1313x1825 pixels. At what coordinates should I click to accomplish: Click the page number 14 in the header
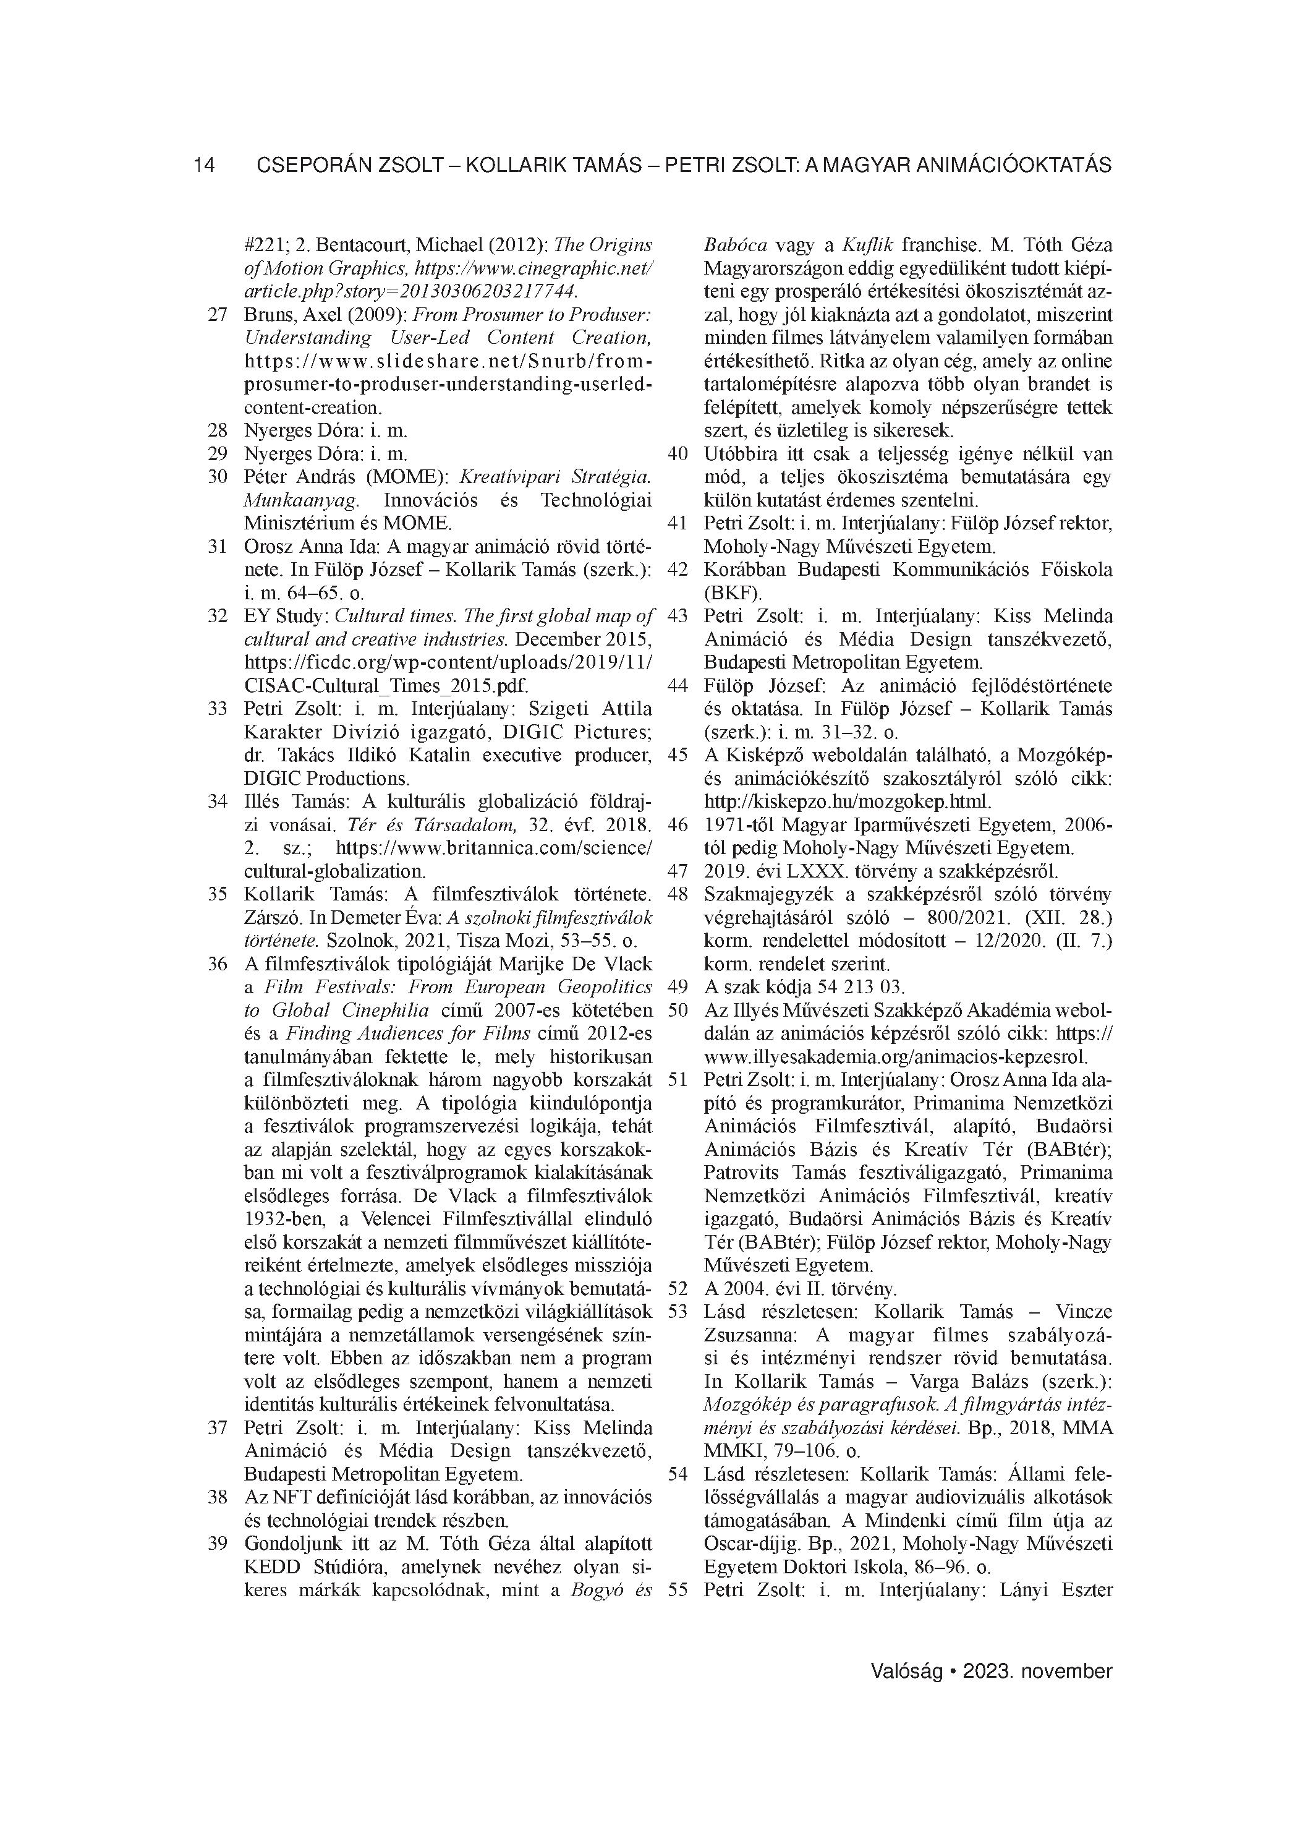click(x=203, y=166)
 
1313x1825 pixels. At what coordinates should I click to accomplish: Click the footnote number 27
click(x=217, y=315)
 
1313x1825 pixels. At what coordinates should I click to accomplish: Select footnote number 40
click(x=678, y=454)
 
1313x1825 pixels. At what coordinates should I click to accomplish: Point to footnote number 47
click(x=678, y=871)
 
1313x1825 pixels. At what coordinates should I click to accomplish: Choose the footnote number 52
click(x=678, y=1288)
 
